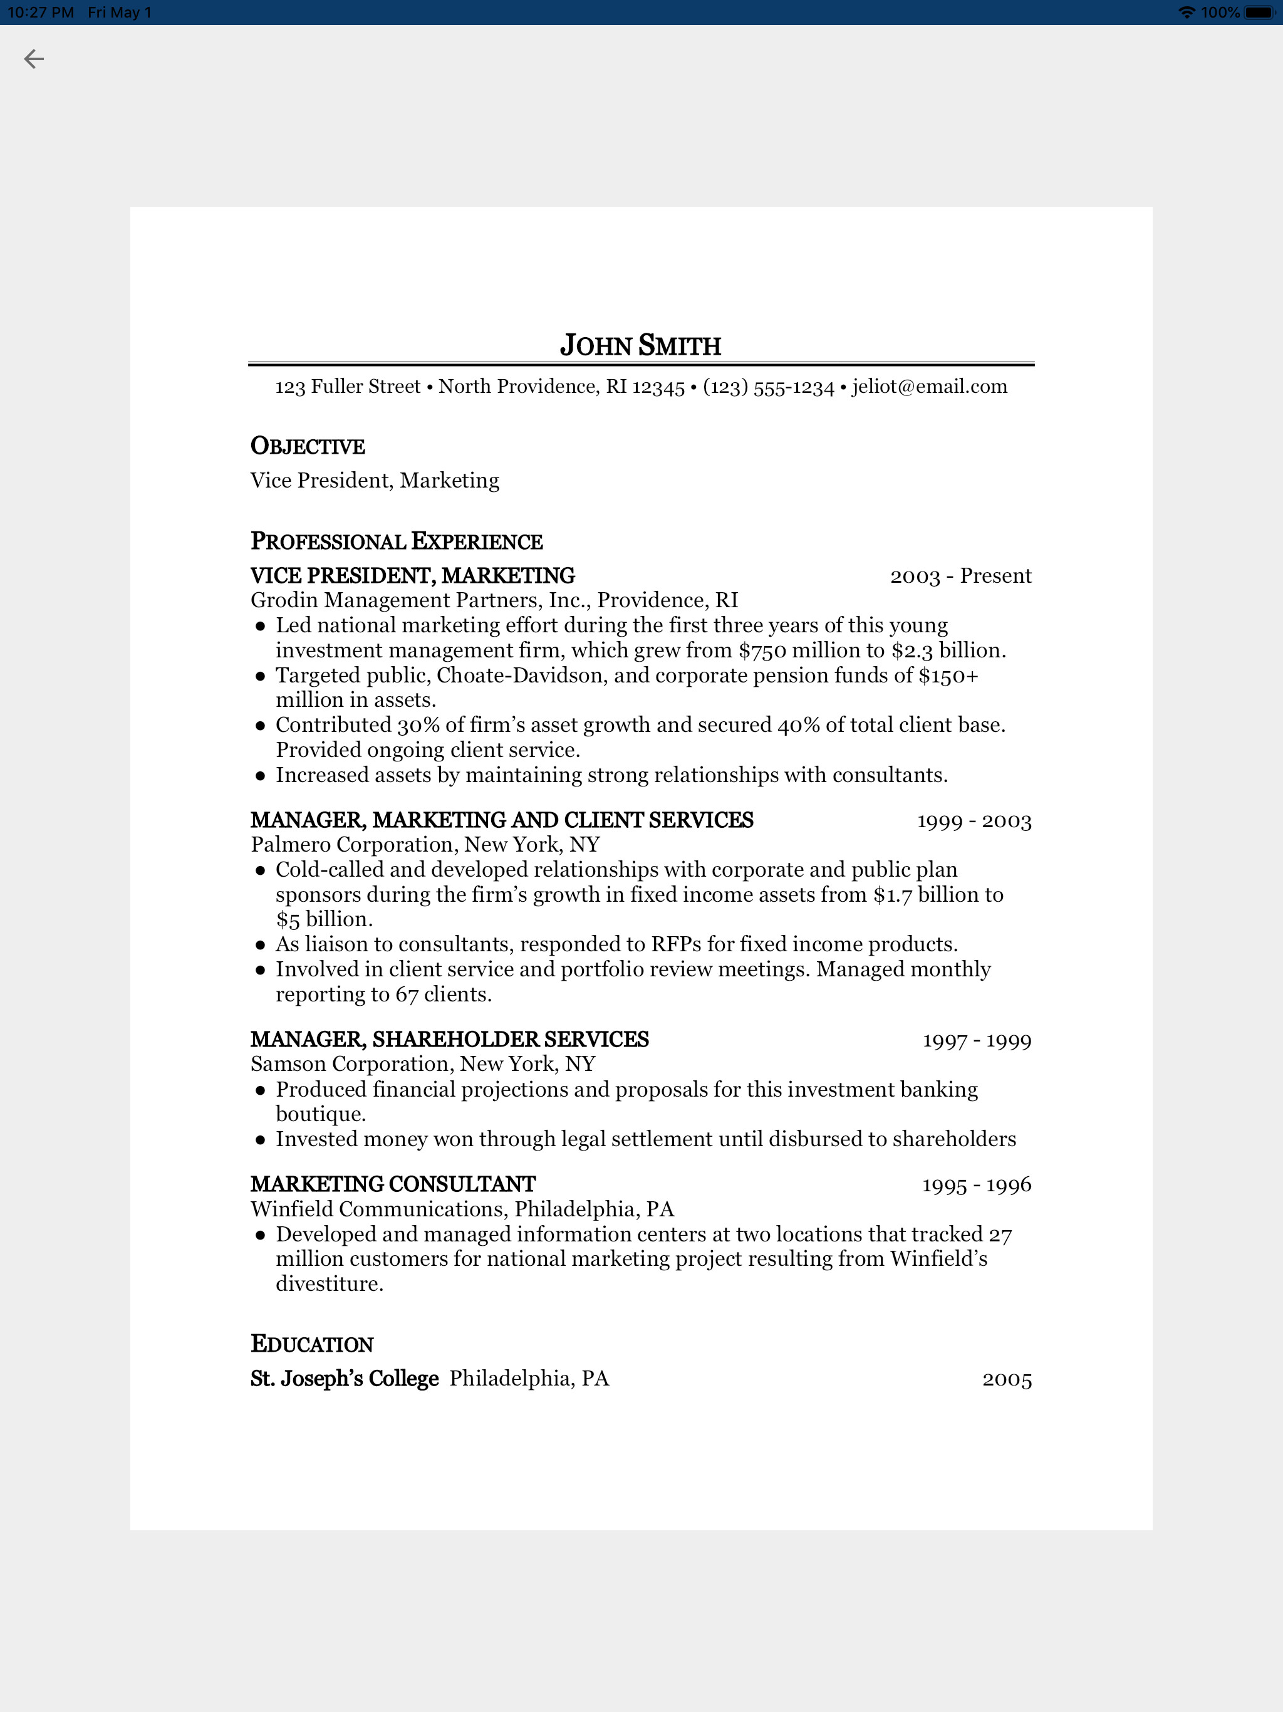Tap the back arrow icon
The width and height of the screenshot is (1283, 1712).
point(33,59)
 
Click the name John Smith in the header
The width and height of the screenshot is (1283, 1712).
point(640,345)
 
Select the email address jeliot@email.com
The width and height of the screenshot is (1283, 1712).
point(930,386)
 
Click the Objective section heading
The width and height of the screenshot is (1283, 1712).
point(307,447)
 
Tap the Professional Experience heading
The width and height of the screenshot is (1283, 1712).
point(396,541)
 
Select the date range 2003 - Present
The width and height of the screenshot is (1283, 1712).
point(960,576)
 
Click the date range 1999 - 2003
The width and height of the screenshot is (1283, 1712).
point(974,820)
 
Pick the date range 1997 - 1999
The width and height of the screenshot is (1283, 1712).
point(977,1040)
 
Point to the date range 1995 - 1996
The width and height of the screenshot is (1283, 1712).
point(977,1184)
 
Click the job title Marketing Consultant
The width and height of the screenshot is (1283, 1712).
point(392,1184)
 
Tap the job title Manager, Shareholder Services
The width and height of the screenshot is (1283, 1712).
point(449,1040)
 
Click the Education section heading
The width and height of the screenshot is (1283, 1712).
point(312,1344)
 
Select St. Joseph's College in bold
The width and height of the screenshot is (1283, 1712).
point(345,1379)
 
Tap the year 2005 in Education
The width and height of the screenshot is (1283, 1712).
point(1007,1379)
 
